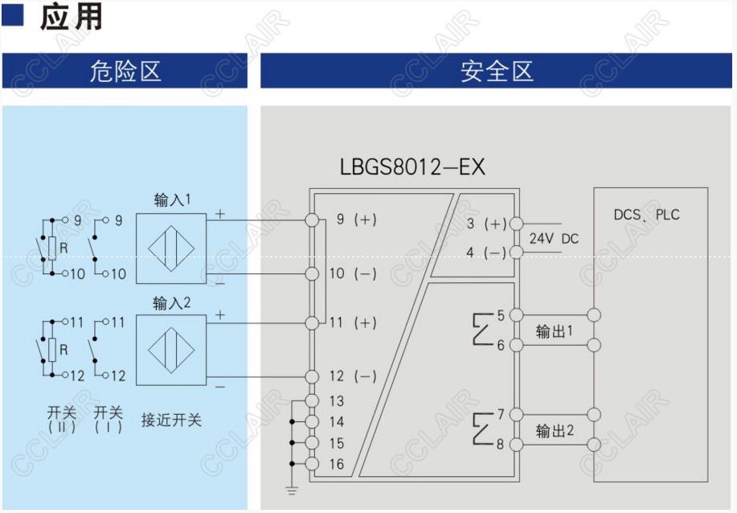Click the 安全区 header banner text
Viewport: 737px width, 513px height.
point(497,71)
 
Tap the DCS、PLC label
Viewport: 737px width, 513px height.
point(646,215)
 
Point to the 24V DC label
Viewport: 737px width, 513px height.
point(554,239)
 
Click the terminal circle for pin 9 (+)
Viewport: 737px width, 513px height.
point(313,220)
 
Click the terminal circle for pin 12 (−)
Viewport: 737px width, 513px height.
point(313,376)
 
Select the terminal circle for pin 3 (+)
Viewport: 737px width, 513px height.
point(516,224)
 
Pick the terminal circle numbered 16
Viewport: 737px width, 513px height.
point(313,464)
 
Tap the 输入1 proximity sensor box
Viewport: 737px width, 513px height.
point(171,248)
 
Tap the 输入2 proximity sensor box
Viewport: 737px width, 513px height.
point(171,350)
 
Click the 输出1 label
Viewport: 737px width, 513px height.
point(555,330)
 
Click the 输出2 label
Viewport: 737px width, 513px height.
point(555,431)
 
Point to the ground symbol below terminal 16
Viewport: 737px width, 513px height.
point(293,488)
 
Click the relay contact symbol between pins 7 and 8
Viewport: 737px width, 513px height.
point(482,429)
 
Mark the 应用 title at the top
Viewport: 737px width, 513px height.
point(72,18)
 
